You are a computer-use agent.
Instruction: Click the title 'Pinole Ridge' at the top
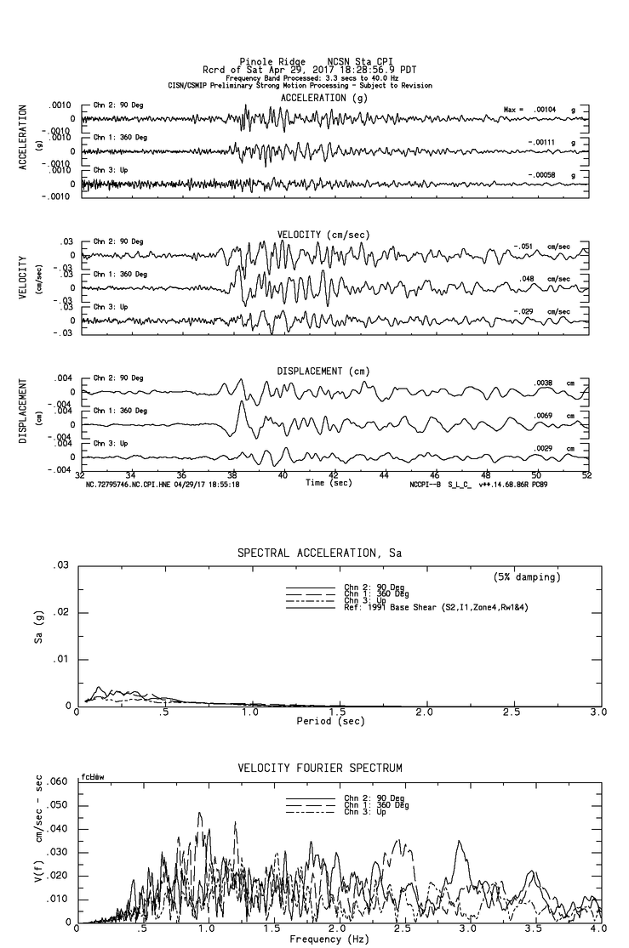[272, 62]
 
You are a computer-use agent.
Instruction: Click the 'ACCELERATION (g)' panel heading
[325, 98]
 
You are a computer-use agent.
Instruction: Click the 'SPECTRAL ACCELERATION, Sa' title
[318, 553]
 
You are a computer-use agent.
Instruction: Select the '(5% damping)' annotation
[527, 577]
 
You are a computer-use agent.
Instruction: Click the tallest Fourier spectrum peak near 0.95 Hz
[200, 814]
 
